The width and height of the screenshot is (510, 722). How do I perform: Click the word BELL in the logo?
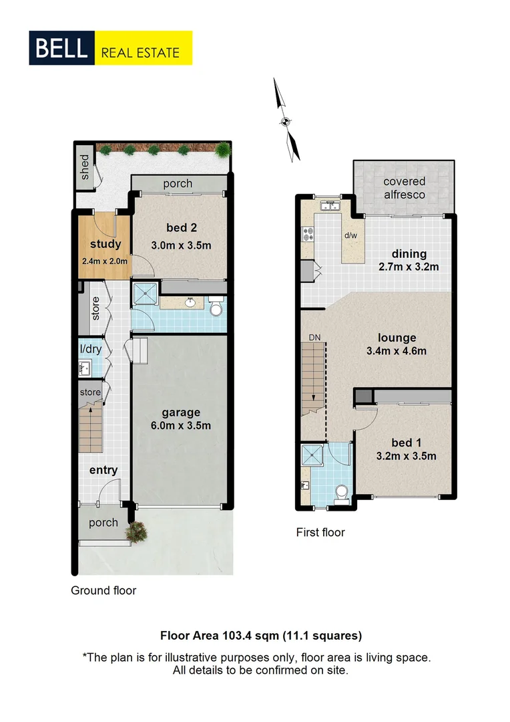(62, 47)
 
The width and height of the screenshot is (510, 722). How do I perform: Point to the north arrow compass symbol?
(286, 120)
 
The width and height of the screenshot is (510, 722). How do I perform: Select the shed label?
(85, 167)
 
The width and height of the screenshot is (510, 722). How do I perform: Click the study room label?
(105, 244)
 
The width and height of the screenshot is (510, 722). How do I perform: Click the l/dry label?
(89, 348)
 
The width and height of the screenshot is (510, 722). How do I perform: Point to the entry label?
(103, 470)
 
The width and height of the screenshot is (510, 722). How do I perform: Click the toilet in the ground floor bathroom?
(216, 308)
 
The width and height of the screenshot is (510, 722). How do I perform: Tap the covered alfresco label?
(404, 188)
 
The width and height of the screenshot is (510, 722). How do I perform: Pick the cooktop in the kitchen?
(309, 234)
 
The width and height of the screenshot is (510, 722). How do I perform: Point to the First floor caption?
(320, 533)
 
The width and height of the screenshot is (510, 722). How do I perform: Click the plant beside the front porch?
(137, 531)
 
